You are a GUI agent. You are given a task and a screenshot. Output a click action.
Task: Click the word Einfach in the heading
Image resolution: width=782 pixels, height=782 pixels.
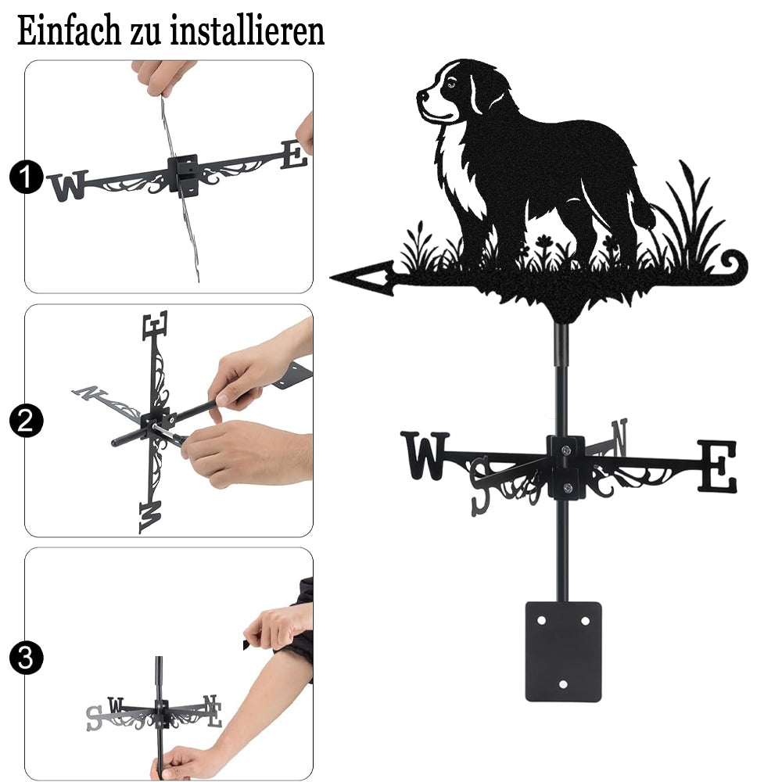69,31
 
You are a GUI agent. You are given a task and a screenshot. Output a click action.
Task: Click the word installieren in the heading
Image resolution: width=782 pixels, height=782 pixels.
247,31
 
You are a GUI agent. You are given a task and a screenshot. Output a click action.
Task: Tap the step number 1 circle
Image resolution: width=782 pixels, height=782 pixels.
26,177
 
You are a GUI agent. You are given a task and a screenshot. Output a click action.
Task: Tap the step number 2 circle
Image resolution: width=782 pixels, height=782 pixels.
26,421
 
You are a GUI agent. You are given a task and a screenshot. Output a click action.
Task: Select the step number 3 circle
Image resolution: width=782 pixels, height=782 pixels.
26,658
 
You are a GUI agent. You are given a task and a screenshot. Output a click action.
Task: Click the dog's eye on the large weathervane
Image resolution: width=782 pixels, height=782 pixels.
451,84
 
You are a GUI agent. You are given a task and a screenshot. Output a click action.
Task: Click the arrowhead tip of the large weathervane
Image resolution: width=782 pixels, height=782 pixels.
331,277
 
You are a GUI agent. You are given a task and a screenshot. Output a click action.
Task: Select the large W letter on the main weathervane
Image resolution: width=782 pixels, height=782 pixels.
425,455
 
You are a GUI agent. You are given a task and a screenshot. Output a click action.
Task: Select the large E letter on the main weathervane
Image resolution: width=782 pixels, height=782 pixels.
717,466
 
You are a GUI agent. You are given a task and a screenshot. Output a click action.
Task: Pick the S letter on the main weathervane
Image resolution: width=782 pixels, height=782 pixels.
481,486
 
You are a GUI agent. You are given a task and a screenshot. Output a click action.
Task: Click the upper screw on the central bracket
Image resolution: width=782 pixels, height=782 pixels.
566,451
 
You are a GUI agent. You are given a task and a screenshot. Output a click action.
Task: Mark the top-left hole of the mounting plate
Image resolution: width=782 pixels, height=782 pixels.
542,621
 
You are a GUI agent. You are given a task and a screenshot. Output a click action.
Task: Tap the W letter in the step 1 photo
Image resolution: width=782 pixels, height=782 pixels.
68,185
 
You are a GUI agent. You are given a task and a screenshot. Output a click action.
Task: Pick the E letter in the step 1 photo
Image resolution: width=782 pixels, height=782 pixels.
294,155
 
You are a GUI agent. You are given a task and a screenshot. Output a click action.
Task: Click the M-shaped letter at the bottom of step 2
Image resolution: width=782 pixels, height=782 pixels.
151,517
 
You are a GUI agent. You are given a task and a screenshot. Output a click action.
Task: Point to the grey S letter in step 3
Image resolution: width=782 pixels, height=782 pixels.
94,718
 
